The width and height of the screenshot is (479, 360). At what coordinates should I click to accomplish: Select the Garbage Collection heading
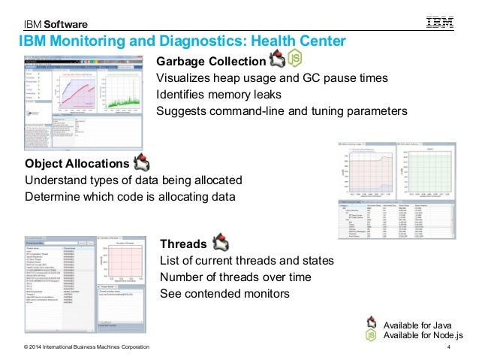[x=210, y=62]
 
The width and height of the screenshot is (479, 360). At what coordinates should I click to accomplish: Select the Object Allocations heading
[x=77, y=164]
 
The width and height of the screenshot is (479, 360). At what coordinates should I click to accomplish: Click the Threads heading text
[x=183, y=244]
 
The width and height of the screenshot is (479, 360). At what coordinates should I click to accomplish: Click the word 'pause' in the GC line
[x=332, y=78]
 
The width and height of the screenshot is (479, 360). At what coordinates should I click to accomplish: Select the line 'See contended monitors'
[x=224, y=293]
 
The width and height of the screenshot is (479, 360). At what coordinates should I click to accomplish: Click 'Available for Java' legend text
[x=417, y=324]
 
